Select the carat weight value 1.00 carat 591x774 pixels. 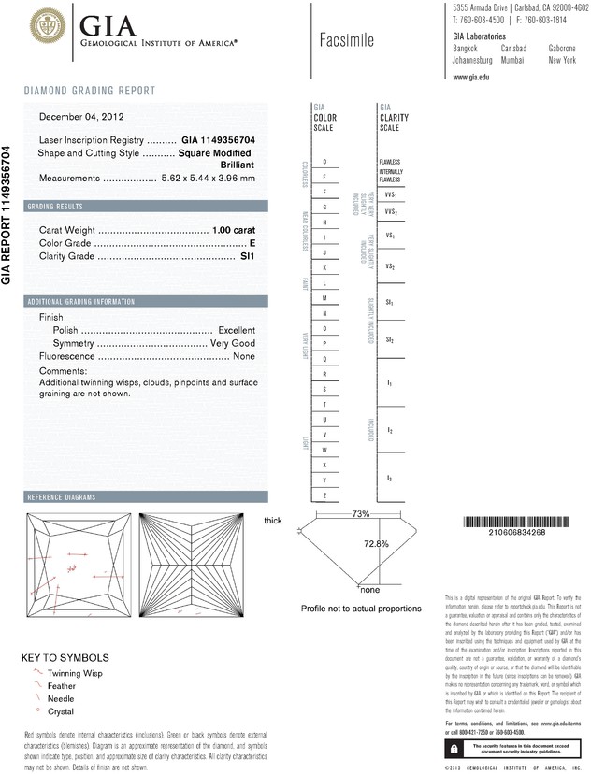pos(234,229)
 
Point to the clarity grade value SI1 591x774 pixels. pos(248,254)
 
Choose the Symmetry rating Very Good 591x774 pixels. pos(233,343)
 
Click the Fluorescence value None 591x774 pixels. pos(244,356)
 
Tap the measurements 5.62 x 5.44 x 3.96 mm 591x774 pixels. pos(208,178)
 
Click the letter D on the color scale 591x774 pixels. pos(324,162)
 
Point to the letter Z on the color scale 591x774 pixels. pos(324,494)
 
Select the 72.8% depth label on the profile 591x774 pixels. pos(376,542)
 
